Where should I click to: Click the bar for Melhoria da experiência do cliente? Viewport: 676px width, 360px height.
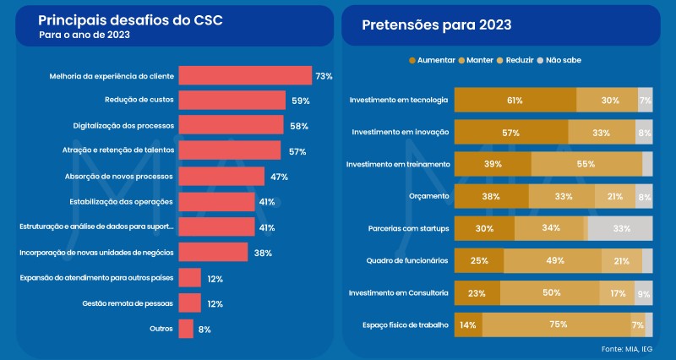point(245,75)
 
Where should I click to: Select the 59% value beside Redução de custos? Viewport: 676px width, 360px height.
point(299,101)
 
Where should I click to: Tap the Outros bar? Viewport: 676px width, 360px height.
point(186,329)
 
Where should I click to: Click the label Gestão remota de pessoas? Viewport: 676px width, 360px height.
point(128,303)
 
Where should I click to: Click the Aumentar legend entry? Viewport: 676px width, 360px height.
point(432,60)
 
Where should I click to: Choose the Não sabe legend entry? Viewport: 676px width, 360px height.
point(559,60)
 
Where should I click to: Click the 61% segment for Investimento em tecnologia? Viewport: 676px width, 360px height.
point(515,101)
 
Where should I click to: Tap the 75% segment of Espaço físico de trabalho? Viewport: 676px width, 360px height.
point(557,325)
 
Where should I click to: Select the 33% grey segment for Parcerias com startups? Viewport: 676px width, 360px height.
point(619,228)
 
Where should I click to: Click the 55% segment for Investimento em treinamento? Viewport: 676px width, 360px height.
point(586,164)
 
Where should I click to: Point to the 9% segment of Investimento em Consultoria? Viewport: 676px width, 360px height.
point(643,292)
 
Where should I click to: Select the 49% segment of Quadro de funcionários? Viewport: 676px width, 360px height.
point(553,260)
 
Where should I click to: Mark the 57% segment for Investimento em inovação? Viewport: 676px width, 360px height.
point(511,133)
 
